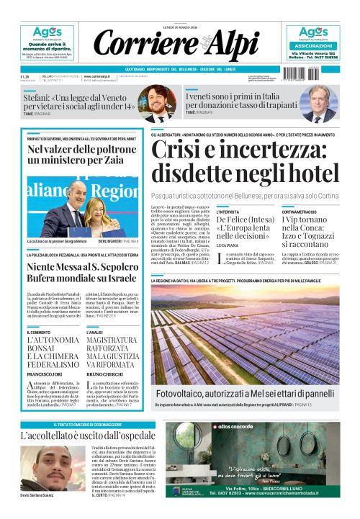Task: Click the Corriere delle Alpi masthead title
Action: point(179,44)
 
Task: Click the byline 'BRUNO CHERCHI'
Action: point(105,374)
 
